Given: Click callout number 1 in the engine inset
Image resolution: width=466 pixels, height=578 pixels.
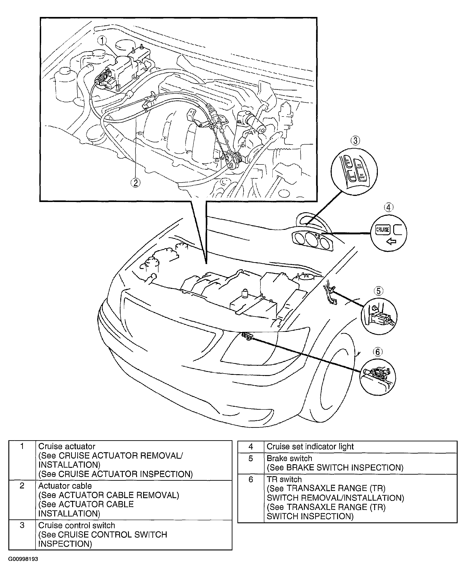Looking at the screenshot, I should tap(102, 41).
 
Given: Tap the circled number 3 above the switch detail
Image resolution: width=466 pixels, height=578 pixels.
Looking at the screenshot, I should tap(355, 140).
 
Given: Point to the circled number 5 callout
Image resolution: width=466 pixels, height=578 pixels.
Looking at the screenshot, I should tap(378, 291).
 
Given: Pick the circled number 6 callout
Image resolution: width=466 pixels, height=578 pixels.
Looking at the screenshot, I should tap(377, 352).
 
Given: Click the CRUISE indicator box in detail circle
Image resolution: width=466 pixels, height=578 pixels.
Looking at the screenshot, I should tap(383, 230).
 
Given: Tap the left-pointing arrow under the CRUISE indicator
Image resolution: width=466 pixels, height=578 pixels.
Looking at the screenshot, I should tap(391, 242).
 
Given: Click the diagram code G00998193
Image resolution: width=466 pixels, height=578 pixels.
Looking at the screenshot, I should tap(23, 559).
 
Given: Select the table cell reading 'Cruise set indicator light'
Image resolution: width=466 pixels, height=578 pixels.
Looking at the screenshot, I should tap(310, 446).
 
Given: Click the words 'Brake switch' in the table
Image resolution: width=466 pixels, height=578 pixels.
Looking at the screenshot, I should tap(289, 458).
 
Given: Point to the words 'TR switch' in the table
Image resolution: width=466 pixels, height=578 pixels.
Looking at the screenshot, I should tap(284, 479).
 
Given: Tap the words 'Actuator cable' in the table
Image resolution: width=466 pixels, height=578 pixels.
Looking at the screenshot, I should tap(65, 486).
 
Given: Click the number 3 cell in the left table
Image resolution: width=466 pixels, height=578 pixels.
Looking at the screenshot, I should tap(22, 525).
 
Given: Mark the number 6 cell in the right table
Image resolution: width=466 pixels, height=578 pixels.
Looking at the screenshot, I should tap(251, 479).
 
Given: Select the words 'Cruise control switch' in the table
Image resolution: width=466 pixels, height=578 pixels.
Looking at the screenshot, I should tap(76, 525).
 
